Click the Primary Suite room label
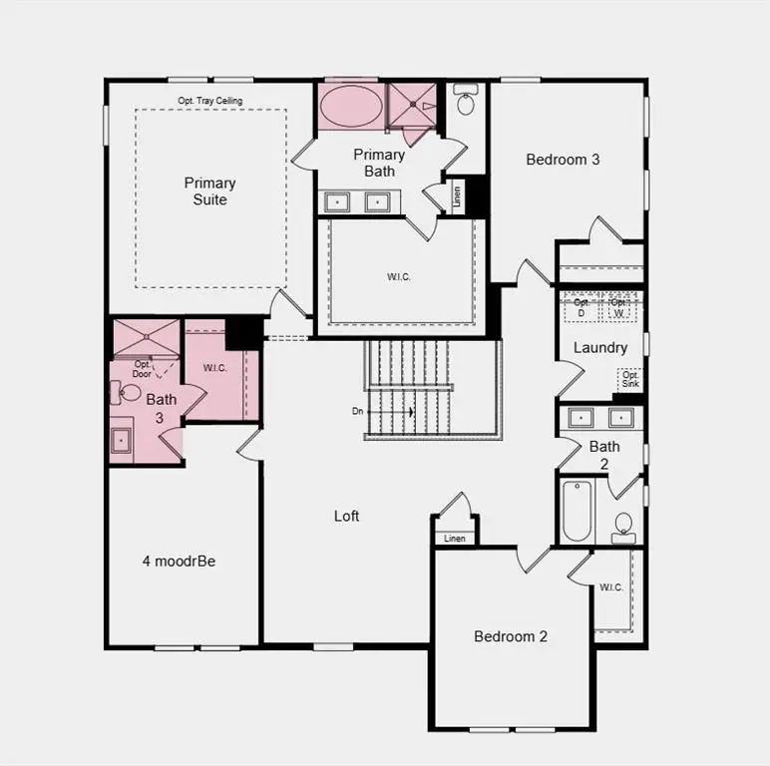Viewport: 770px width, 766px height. pyautogui.click(x=210, y=191)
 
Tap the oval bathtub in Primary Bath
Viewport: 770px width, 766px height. pyautogui.click(x=349, y=106)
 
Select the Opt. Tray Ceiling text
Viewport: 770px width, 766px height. pyautogui.click(x=210, y=101)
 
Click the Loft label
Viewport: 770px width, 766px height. pyautogui.click(x=346, y=516)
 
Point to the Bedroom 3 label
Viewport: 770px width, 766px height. pyautogui.click(x=563, y=159)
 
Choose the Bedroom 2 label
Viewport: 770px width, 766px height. pyautogui.click(x=511, y=636)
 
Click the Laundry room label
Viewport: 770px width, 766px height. pyautogui.click(x=600, y=348)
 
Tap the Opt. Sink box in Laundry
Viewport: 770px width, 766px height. pyautogui.click(x=630, y=379)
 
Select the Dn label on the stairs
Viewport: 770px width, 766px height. pyautogui.click(x=358, y=411)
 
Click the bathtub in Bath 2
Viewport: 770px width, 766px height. pyautogui.click(x=577, y=510)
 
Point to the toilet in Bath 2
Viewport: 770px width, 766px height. pyautogui.click(x=623, y=524)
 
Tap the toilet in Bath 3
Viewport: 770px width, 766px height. pyautogui.click(x=129, y=391)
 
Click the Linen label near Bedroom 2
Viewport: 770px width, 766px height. pyautogui.click(x=455, y=539)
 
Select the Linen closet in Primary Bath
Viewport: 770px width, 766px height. pyautogui.click(x=456, y=192)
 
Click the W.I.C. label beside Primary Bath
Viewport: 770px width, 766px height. pyautogui.click(x=399, y=276)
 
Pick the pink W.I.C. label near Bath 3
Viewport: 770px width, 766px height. pyautogui.click(x=215, y=368)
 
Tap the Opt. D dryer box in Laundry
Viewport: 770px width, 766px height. pyautogui.click(x=581, y=307)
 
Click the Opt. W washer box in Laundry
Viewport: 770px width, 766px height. pyautogui.click(x=619, y=307)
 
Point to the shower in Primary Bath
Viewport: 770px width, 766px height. pyautogui.click(x=413, y=106)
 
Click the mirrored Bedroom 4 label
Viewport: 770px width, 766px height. pyautogui.click(x=179, y=561)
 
